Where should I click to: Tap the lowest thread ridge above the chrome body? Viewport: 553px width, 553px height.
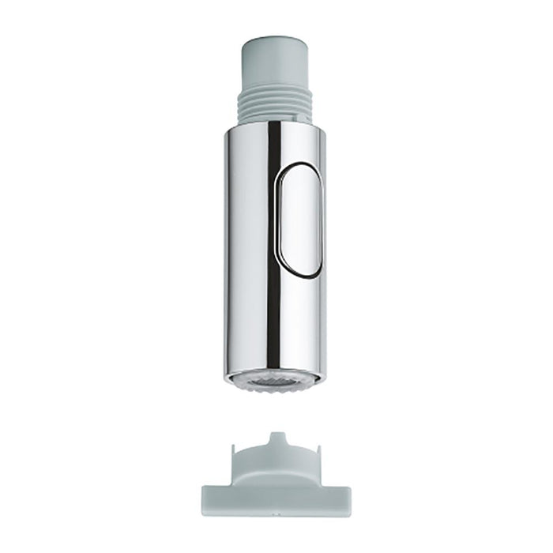pyautogui.click(x=276, y=118)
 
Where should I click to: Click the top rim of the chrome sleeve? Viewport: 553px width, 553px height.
pyautogui.click(x=276, y=126)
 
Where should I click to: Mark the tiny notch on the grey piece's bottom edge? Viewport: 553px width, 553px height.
pyautogui.click(x=276, y=514)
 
